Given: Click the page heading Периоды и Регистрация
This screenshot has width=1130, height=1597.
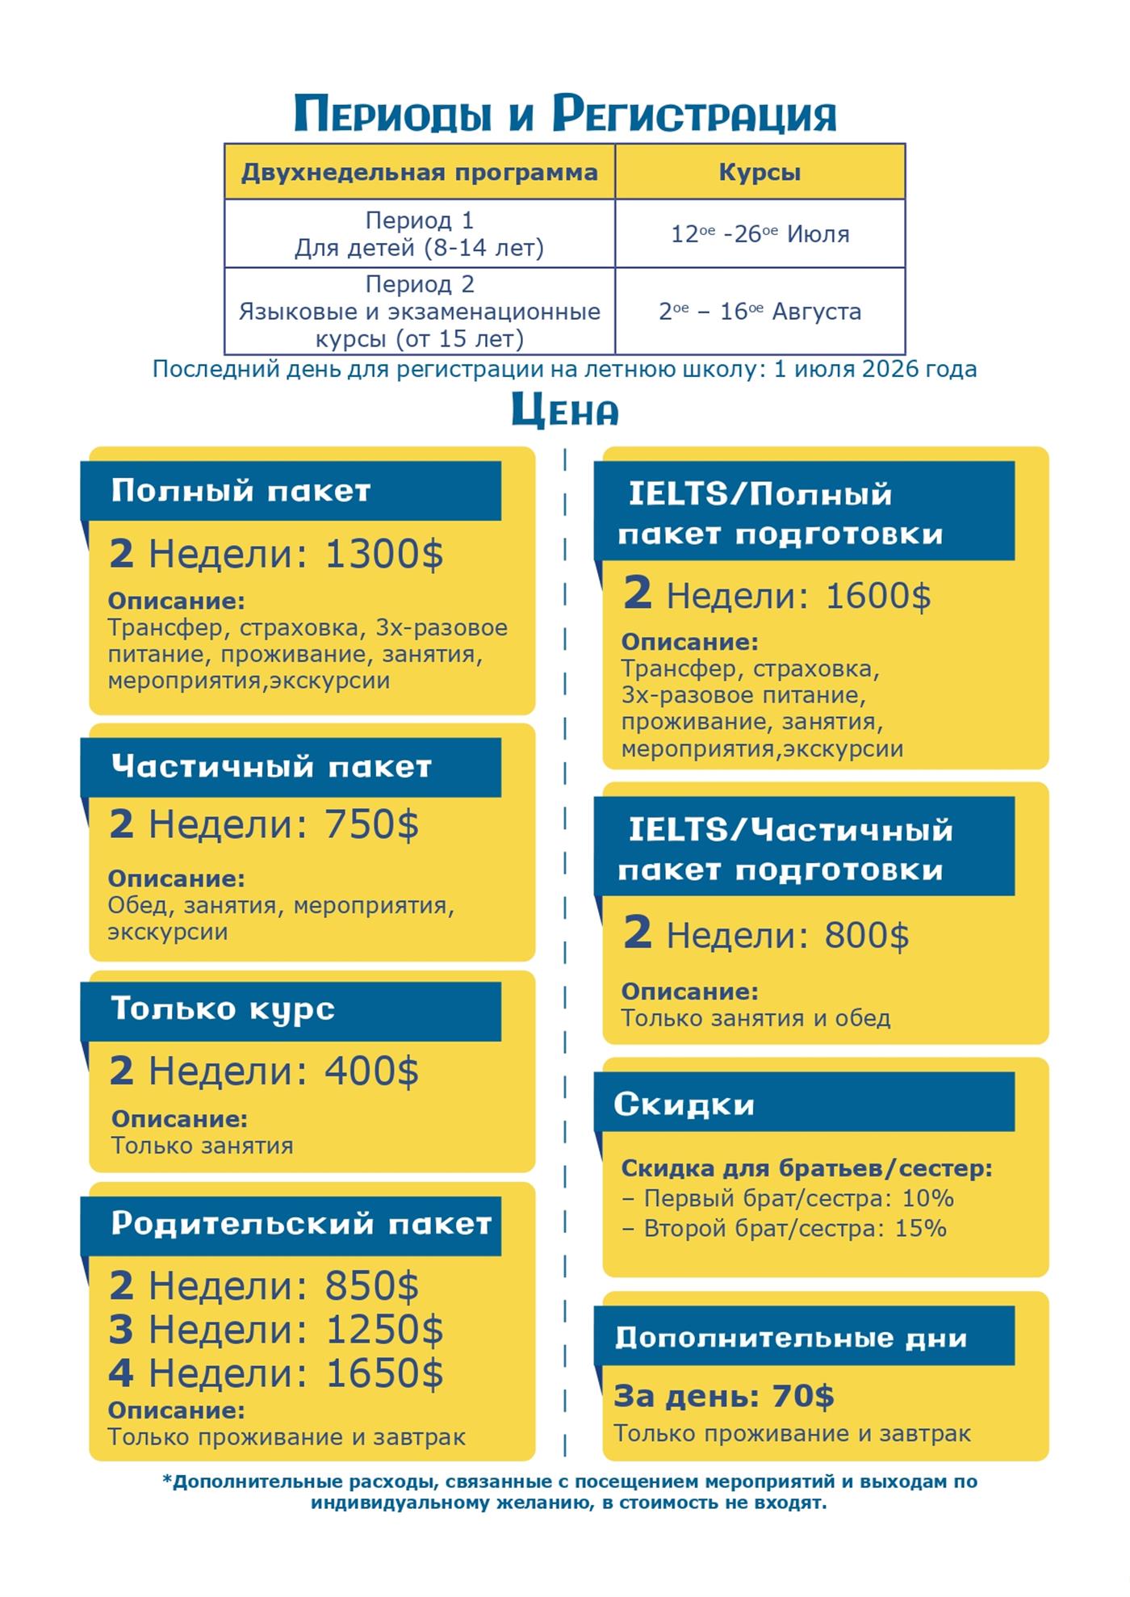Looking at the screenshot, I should (x=565, y=114).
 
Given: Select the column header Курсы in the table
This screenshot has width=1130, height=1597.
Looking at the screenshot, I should (x=760, y=172).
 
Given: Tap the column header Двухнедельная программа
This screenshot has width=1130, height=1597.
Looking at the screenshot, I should (x=419, y=172).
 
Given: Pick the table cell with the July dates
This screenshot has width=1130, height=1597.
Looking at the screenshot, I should (x=760, y=234).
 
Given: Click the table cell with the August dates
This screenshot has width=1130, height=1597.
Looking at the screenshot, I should (x=760, y=312).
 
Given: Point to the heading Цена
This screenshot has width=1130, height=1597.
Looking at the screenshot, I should (x=565, y=411).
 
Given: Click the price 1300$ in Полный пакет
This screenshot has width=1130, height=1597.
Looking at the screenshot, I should (x=384, y=555).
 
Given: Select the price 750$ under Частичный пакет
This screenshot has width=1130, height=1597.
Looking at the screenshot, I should (x=371, y=824).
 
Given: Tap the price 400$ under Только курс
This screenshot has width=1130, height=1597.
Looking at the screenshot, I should (x=371, y=1071).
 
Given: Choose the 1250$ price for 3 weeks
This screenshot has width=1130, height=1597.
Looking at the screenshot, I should (x=384, y=1330).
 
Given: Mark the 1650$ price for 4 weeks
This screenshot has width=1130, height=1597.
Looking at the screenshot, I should (x=384, y=1373).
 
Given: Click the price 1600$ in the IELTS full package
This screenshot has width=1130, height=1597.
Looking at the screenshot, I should (x=878, y=597).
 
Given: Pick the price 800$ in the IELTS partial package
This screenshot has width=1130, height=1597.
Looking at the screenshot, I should (x=866, y=936).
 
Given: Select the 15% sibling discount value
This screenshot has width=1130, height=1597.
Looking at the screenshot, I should (x=920, y=1229).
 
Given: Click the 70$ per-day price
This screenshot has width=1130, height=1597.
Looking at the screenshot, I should (x=803, y=1396).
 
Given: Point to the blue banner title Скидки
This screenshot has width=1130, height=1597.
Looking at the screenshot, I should (x=684, y=1104).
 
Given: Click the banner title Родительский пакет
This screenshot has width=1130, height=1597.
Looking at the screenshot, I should (x=301, y=1224).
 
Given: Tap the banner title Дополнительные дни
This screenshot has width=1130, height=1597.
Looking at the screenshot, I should (x=790, y=1338).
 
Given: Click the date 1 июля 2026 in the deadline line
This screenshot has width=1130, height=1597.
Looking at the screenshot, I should (x=875, y=370).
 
